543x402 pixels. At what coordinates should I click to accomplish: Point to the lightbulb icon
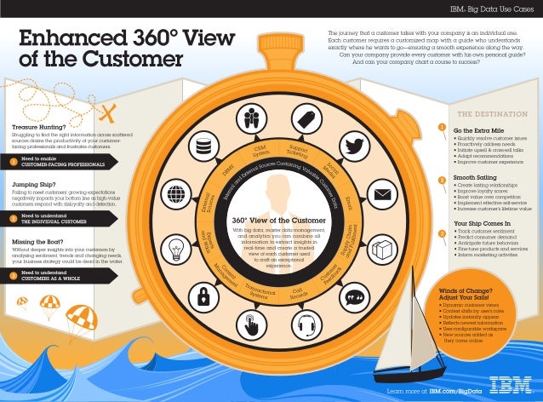pos(175,246)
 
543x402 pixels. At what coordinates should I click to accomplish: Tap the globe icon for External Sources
pos(175,197)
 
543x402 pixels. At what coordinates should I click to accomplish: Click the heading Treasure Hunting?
pos(40,126)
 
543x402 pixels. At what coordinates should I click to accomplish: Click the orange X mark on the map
pos(108,112)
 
